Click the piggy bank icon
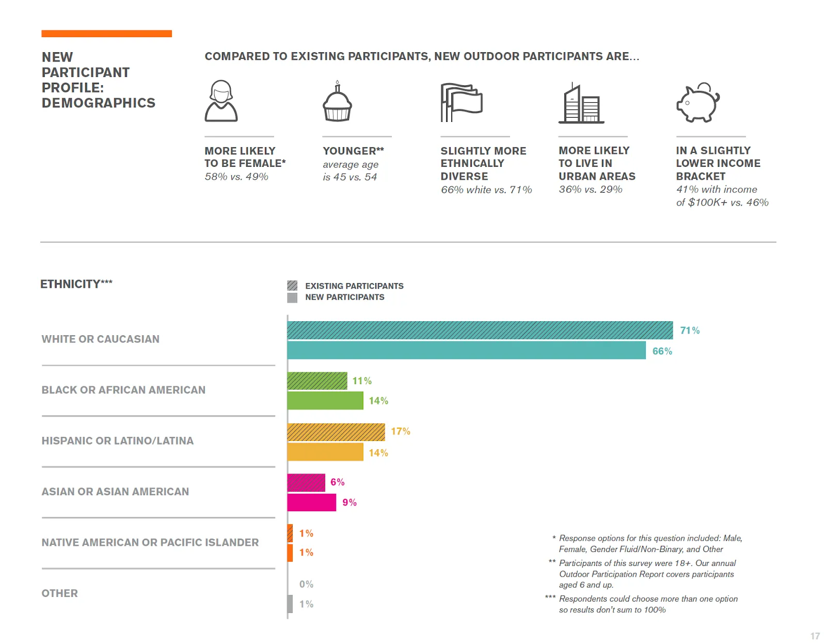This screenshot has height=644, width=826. [697, 102]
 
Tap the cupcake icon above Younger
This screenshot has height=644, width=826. [337, 102]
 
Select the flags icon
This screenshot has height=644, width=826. [461, 102]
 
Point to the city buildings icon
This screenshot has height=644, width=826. [581, 103]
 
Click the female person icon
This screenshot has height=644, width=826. [221, 101]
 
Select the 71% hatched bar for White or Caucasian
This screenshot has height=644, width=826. [480, 330]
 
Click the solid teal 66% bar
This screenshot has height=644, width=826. [466, 351]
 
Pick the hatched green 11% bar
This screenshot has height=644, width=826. [317, 381]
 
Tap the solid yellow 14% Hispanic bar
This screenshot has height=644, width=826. [325, 452]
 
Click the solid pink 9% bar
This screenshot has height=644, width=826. [311, 502]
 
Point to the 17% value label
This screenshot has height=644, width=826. [400, 431]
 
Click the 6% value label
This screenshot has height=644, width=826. [337, 482]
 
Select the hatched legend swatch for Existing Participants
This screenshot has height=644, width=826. [292, 286]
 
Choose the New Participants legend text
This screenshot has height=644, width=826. [344, 297]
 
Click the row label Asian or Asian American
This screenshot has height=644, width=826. [115, 492]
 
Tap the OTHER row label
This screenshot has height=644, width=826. [59, 593]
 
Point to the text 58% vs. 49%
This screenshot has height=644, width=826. [236, 177]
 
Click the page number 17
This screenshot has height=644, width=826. [815, 636]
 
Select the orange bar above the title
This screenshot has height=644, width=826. [106, 34]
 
